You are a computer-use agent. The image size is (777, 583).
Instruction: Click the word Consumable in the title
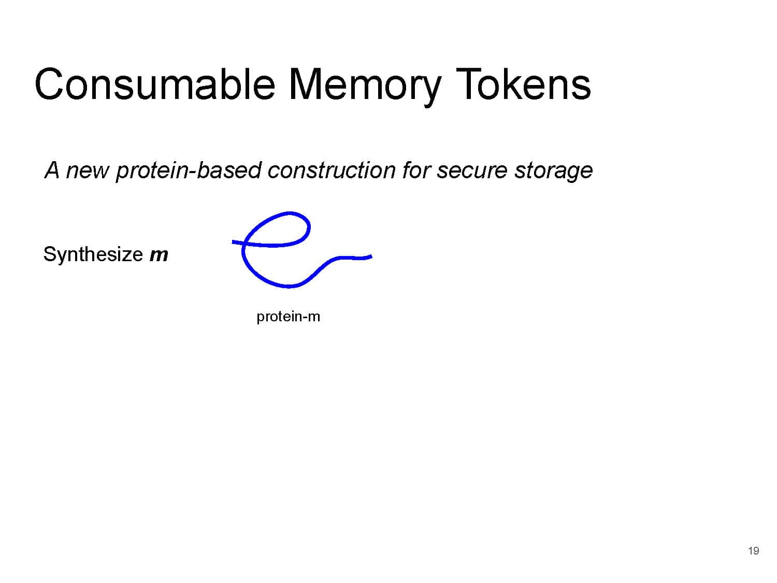[155, 84]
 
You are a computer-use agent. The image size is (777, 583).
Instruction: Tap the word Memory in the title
[365, 87]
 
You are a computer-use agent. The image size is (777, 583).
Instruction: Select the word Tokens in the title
[523, 84]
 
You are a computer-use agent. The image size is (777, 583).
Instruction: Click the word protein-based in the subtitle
[188, 170]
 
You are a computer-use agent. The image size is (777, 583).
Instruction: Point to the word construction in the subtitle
[330, 170]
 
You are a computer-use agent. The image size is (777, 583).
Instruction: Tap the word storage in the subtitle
[553, 172]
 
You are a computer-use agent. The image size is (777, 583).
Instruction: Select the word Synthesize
[93, 254]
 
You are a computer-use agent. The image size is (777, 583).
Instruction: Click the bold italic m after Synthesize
[158, 255]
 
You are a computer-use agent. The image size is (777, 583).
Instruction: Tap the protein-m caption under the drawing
[288, 317]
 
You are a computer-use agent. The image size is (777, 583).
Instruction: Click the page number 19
[753, 550]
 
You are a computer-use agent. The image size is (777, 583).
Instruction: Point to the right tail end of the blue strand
[371, 257]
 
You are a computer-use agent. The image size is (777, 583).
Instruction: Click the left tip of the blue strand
[233, 242]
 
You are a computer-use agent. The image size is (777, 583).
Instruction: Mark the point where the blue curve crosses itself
[244, 243]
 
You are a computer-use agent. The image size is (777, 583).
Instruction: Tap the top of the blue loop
[290, 214]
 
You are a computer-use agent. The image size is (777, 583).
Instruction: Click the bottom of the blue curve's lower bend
[289, 286]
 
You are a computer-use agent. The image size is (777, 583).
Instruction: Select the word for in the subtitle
[415, 170]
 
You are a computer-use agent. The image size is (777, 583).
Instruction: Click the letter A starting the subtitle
[52, 170]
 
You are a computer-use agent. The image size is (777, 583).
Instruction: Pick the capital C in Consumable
[49, 84]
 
